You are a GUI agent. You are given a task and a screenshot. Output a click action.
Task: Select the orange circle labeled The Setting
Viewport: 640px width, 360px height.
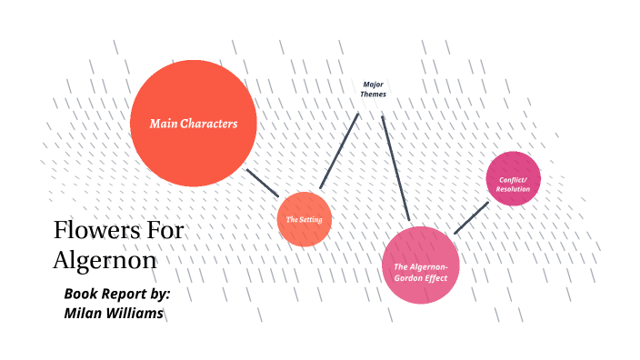point(304,219)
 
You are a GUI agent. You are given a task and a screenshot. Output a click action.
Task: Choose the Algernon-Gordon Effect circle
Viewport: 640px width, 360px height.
point(420,265)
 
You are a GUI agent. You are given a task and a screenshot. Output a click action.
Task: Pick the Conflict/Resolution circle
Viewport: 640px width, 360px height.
point(514,178)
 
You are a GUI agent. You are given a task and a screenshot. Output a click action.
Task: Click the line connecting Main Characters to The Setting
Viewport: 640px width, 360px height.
point(264,183)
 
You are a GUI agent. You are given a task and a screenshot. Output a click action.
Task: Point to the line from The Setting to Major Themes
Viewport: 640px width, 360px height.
point(340,150)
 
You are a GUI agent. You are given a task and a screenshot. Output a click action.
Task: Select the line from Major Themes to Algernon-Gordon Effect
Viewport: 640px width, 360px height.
point(396,167)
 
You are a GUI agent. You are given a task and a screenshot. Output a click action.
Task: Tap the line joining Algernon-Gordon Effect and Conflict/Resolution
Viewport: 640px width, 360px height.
point(471,218)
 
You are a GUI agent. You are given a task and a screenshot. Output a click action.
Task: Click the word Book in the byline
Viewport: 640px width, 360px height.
point(82,294)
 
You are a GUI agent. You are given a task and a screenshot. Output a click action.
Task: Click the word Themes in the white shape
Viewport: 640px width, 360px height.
point(373,94)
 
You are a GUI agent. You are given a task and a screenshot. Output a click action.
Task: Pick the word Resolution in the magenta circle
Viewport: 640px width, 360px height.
point(514,188)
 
